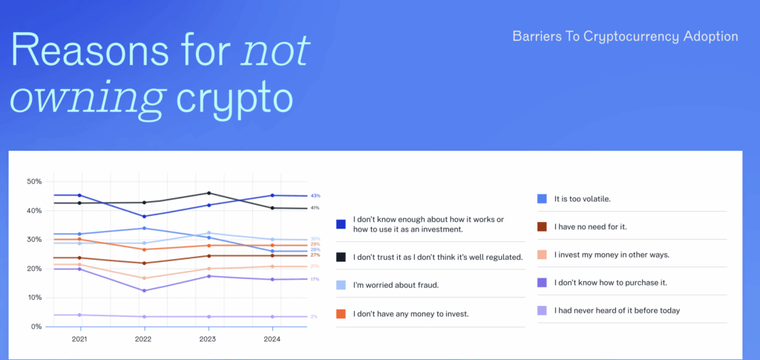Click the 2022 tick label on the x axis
[x=144, y=339]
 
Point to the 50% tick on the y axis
[x=34, y=182]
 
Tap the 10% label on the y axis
[x=34, y=298]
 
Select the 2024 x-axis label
[x=273, y=339]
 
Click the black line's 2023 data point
[x=209, y=193]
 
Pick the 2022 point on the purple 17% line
[x=144, y=290]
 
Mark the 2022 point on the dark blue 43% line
[x=144, y=216]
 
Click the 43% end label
[x=315, y=196]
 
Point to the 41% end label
[x=315, y=208]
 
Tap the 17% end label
[x=315, y=279]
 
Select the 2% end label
[x=314, y=317]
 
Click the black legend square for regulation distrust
[x=341, y=256]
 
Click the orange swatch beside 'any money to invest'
[x=341, y=314]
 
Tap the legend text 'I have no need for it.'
[x=590, y=226]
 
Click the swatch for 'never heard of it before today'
[x=542, y=310]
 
